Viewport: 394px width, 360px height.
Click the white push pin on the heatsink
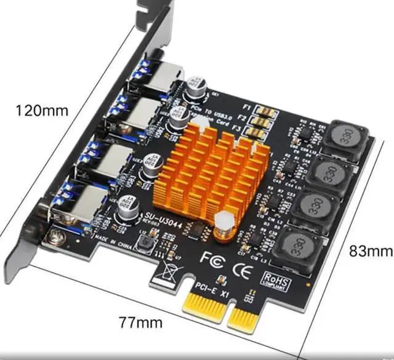pyautogui.click(x=223, y=222)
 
